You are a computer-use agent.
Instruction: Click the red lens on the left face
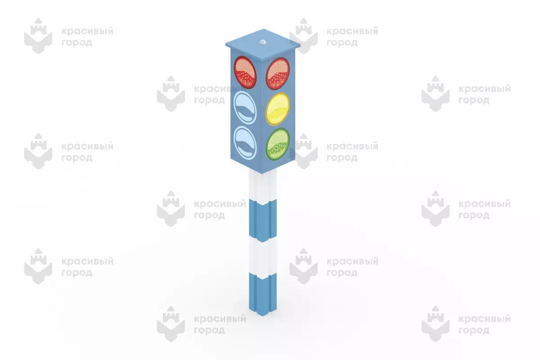[245, 72]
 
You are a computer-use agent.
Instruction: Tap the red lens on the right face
[278, 73]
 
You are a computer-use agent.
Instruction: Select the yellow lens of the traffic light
[278, 109]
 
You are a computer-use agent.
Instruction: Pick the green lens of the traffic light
[278, 144]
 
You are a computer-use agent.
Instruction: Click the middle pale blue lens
[245, 108]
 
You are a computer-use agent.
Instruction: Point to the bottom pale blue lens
[245, 143]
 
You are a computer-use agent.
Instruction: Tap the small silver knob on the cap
[263, 42]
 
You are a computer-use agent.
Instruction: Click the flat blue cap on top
[263, 45]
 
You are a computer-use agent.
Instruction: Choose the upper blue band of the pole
[263, 221]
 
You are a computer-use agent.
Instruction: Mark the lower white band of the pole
[263, 257]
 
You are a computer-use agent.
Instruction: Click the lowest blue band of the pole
[263, 295]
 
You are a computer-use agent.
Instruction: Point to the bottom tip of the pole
[262, 316]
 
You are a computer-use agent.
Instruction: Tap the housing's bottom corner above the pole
[262, 173]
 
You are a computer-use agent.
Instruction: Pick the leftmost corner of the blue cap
[225, 45]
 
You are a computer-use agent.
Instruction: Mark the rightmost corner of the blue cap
[300, 45]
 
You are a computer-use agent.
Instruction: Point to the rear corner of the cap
[264, 29]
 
